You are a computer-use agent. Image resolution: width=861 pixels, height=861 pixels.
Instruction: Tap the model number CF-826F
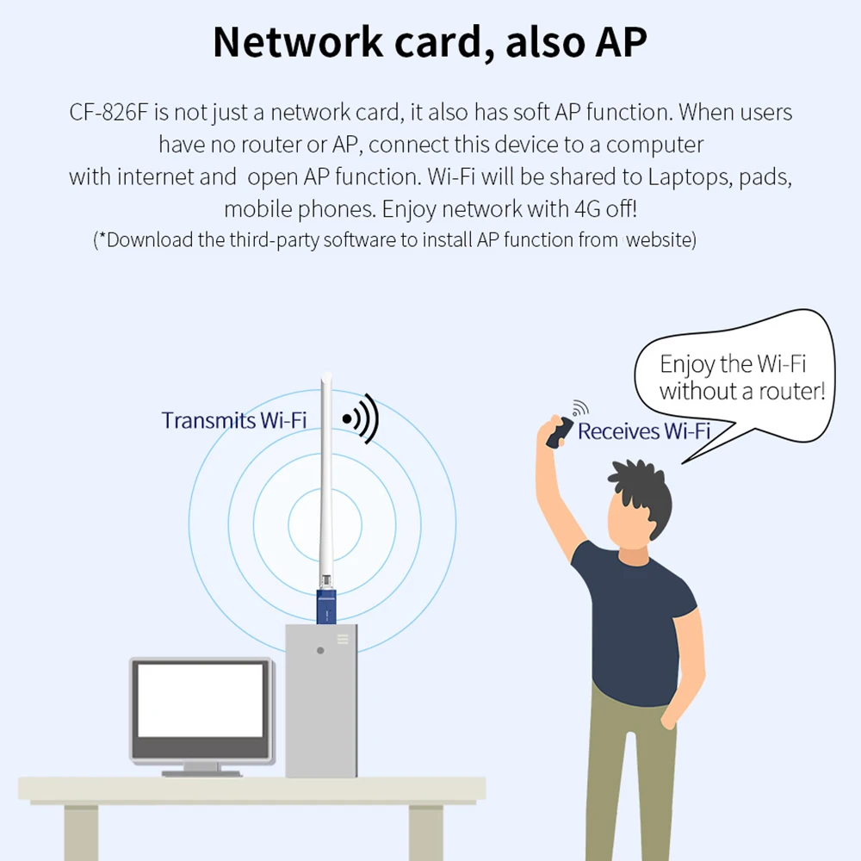tap(108, 113)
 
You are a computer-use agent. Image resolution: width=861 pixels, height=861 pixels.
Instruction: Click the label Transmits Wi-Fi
tap(233, 420)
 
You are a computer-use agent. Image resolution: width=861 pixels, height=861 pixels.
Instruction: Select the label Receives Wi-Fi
tap(643, 430)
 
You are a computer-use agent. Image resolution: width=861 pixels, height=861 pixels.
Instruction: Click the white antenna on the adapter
tap(325, 482)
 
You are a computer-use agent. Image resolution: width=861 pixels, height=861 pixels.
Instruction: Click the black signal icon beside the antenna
tap(361, 418)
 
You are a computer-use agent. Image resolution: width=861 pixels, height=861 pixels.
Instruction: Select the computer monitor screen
tap(201, 700)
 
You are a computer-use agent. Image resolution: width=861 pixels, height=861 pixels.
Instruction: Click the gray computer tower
tap(321, 706)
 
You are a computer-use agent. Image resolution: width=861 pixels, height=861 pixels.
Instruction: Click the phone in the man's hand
tap(559, 431)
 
